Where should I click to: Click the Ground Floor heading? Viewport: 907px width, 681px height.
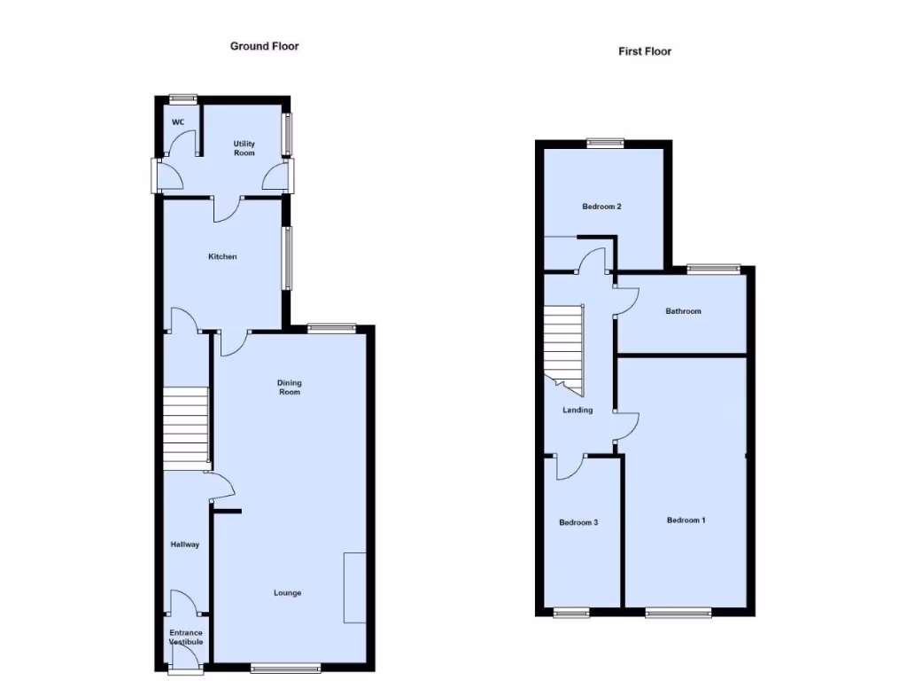click(x=264, y=46)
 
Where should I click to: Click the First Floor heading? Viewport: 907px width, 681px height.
click(x=645, y=51)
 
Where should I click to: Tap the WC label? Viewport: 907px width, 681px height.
click(x=178, y=121)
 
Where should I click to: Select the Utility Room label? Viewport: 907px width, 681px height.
click(x=244, y=148)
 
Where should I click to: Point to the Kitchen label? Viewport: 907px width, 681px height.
click(x=222, y=257)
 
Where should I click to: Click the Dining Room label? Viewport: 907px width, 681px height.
click(x=290, y=387)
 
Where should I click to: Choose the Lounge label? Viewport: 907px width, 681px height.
click(x=287, y=593)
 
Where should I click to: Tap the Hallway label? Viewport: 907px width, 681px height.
click(x=185, y=545)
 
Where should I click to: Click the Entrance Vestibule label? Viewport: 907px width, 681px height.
click(x=186, y=638)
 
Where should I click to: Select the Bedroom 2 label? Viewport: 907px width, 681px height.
click(x=601, y=207)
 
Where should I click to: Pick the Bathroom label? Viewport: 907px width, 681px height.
click(x=683, y=311)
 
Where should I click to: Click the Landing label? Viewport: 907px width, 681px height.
click(x=578, y=411)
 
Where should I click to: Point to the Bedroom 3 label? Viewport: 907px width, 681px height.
click(x=578, y=523)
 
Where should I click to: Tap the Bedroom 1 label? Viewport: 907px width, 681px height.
click(x=686, y=521)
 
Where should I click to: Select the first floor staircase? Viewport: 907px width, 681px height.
click(x=562, y=348)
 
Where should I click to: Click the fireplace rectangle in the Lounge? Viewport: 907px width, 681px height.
click(x=355, y=587)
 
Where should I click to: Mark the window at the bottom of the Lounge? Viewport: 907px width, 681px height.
click(x=286, y=668)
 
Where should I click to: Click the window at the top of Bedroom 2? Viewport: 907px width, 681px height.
click(x=605, y=142)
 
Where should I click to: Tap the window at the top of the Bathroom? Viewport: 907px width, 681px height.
click(x=714, y=268)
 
